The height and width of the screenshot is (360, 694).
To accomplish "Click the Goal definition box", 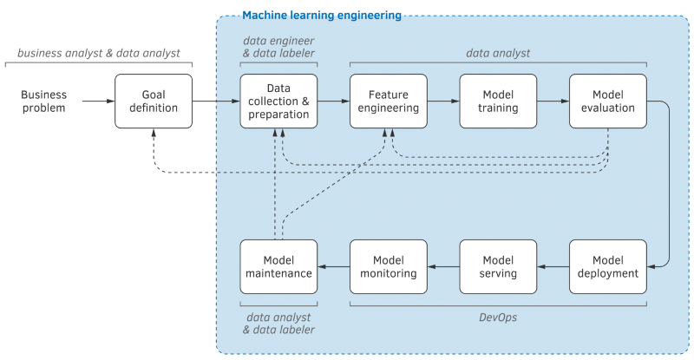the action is tap(154, 101).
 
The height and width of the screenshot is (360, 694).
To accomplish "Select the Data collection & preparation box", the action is tap(278, 101).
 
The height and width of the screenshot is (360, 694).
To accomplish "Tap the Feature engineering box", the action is tap(389, 101).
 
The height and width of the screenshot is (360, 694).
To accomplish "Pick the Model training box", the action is tap(498, 101).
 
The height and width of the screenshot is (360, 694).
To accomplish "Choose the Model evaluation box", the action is tap(608, 101).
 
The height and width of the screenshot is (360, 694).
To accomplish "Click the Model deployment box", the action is tap(608, 267).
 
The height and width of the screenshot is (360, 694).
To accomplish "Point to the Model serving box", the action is tap(498, 267).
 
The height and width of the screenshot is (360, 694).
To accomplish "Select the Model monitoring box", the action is tap(389, 267).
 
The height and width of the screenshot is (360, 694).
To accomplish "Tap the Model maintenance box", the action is tap(278, 267).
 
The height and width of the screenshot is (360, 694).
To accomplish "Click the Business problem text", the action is tap(44, 101).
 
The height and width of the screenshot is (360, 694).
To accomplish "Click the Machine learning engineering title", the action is tap(322, 16).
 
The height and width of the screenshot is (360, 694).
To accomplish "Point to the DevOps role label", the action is tap(498, 317).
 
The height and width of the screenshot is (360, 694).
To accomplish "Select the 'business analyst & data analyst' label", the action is tap(99, 54).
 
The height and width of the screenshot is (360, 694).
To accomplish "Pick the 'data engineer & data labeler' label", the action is tap(278, 47).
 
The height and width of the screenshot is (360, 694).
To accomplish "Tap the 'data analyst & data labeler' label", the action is tap(278, 324).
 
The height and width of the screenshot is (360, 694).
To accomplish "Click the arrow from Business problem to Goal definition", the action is tap(99, 101).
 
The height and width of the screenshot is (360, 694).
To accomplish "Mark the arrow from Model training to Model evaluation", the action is tap(553, 101).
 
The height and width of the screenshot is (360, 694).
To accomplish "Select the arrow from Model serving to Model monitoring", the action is tap(443, 267).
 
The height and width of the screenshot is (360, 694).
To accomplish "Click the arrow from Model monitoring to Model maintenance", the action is tap(334, 267).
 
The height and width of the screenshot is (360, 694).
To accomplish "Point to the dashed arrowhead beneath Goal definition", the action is tap(154, 133).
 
